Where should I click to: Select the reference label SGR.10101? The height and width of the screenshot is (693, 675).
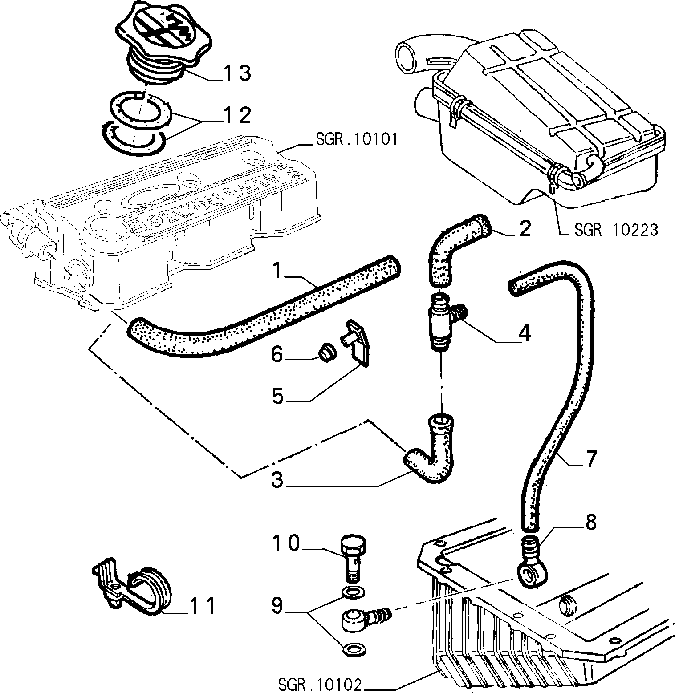coord(356,140)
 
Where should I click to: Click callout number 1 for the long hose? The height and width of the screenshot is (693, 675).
coord(278,271)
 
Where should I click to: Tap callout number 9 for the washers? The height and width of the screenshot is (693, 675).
coord(278,606)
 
